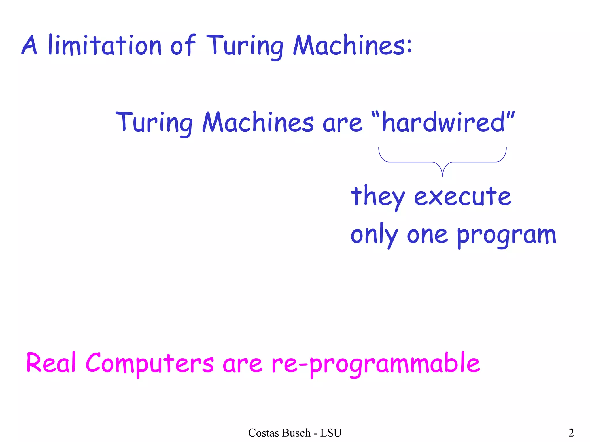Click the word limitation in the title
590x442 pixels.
(105, 45)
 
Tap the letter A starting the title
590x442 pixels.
(29, 45)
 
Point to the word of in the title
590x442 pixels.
(183, 45)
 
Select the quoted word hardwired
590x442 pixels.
(443, 122)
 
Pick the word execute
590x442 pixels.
(463, 197)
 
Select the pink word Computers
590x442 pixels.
(150, 363)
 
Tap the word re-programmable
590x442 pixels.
(376, 363)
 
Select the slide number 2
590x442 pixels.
(571, 433)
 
